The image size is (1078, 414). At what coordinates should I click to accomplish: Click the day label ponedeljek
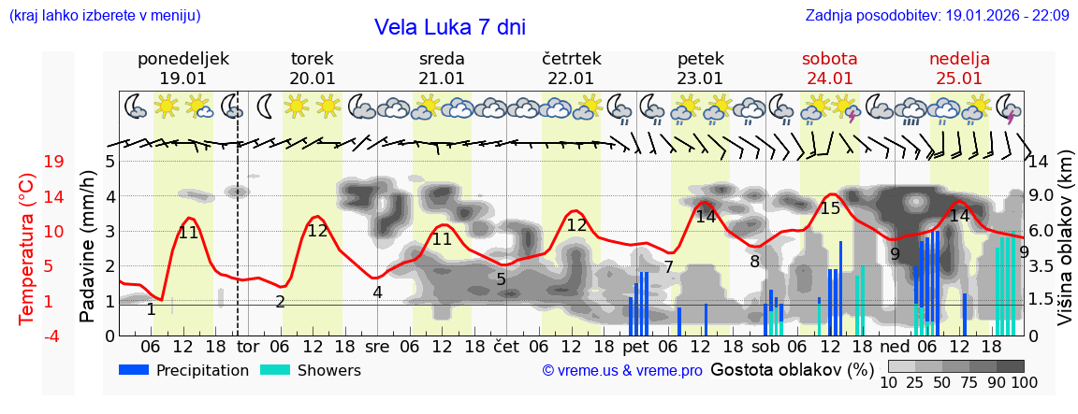[182, 59]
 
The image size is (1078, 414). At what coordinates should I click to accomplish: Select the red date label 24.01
[830, 79]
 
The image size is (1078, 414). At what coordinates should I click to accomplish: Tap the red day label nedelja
[959, 59]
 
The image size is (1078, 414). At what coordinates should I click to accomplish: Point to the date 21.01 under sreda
[442, 79]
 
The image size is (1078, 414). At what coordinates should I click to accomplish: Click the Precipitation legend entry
[184, 370]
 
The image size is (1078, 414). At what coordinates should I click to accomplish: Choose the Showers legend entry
[311, 370]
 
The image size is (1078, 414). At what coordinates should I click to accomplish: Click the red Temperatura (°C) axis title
[27, 249]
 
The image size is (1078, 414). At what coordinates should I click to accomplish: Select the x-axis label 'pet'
[635, 346]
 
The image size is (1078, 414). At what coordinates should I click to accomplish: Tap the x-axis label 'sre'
[377, 346]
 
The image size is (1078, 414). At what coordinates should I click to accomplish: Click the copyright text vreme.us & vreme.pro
[622, 370]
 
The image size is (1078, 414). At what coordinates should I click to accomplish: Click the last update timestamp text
[937, 15]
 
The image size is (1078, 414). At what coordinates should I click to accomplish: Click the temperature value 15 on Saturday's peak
[830, 208]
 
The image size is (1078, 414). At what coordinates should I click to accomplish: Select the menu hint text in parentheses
[105, 15]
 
